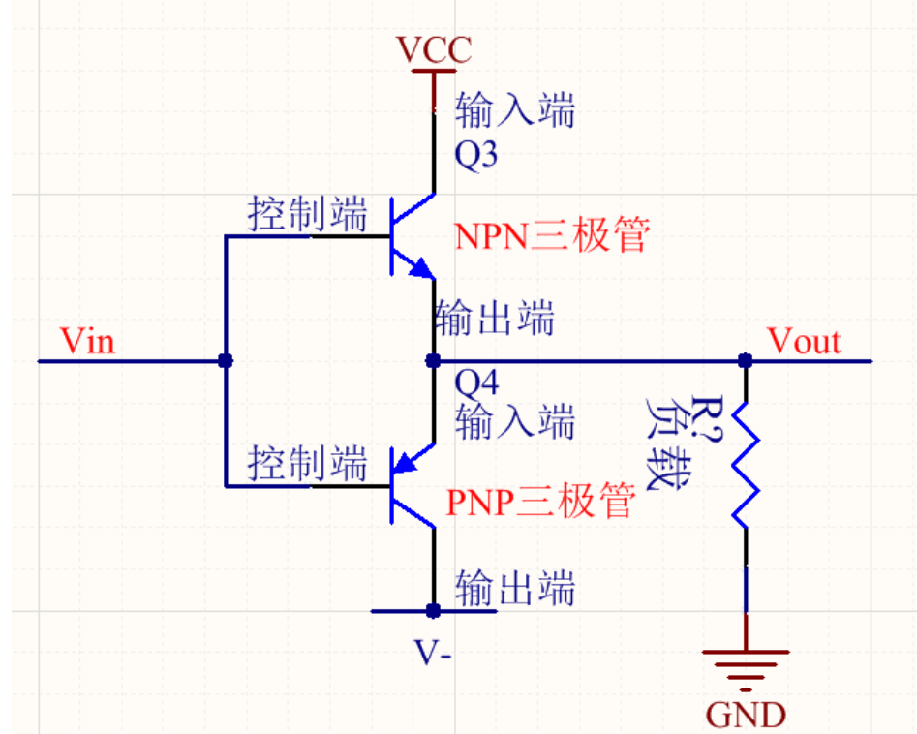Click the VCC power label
pos(435,48)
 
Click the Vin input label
pos(86,341)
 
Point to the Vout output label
pos(804,341)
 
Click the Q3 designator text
pos(475,156)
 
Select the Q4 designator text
pos(475,386)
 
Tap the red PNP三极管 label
pos(540,502)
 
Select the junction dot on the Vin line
pos(225,361)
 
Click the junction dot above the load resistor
pos(745,361)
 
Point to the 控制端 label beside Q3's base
pos(308,214)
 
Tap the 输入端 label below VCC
pos(515,109)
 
